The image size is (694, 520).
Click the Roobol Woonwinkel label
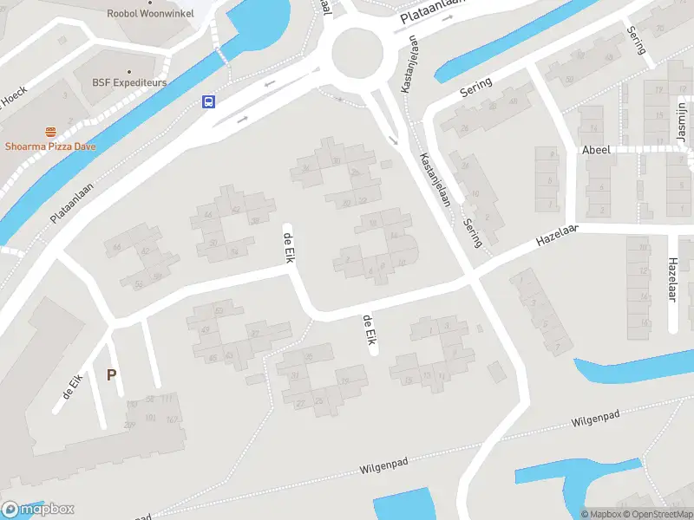click(143, 13)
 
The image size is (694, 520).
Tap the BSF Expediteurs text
click(129, 83)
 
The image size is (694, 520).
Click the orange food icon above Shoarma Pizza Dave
click(51, 132)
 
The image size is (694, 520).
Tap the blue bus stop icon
click(209, 101)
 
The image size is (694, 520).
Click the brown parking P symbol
click(111, 374)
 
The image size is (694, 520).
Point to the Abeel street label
click(596, 150)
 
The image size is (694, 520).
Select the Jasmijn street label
click(681, 119)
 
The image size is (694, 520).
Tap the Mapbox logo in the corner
click(38, 510)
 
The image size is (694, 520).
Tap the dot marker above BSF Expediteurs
click(129, 71)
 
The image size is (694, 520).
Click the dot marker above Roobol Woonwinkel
click(143, 2)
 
